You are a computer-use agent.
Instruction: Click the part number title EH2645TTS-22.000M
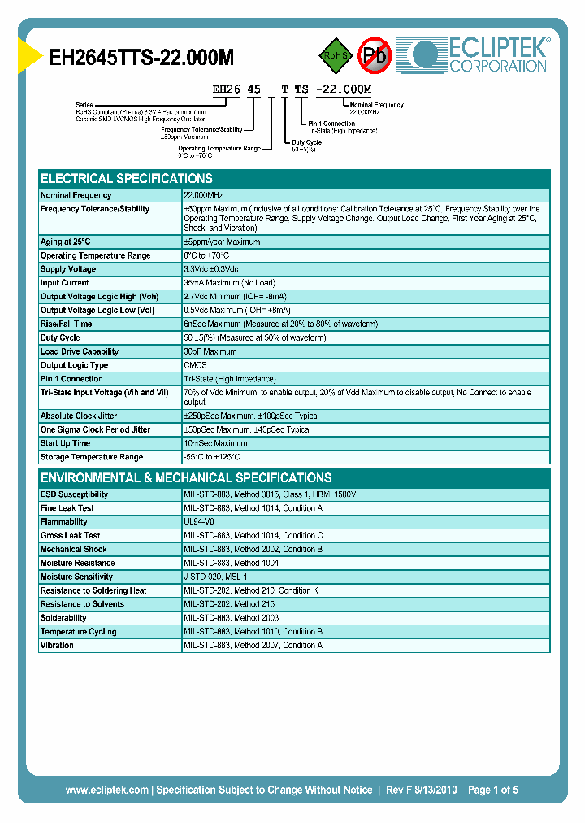coord(142,57)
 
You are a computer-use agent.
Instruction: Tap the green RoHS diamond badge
coord(335,55)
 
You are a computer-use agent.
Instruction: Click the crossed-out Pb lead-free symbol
coord(375,55)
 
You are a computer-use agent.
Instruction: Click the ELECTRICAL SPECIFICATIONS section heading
coord(127,178)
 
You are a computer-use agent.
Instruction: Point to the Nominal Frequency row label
coord(76,195)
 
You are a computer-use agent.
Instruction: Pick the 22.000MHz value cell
coord(203,195)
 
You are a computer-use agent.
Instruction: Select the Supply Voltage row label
coord(68,269)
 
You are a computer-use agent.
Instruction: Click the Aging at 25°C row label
coord(66,242)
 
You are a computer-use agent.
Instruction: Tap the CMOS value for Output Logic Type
coord(196,365)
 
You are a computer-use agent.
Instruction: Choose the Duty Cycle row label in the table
coord(61,337)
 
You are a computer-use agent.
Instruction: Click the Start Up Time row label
coord(66,443)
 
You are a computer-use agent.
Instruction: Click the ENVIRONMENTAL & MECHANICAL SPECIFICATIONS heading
coord(186,477)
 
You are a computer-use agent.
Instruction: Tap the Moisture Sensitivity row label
coord(76,577)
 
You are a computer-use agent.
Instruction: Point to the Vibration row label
coord(57,645)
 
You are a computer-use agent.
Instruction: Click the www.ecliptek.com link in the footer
coord(106,790)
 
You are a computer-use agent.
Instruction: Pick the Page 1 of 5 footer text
coord(493,790)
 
